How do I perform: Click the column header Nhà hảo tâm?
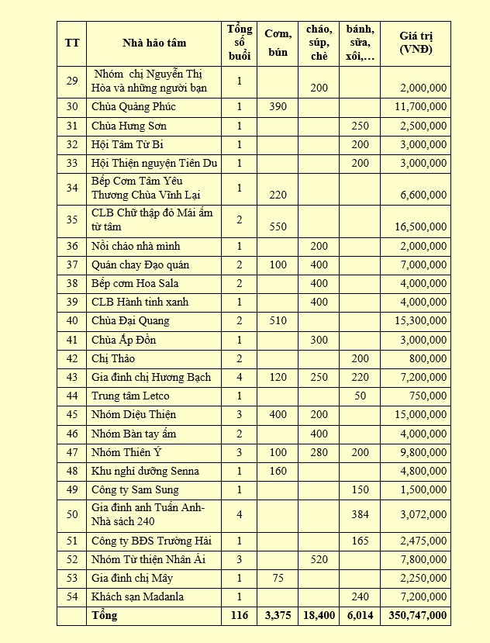154,43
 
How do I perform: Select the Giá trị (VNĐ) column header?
416,43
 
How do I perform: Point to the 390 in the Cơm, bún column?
278,107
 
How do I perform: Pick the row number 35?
72,220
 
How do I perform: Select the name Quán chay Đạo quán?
140,265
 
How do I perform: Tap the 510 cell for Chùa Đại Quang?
278,321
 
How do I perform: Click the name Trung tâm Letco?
130,396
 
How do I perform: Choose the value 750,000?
427,396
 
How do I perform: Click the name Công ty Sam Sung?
135,490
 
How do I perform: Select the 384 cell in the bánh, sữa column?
360,515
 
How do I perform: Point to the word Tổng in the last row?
105,616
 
